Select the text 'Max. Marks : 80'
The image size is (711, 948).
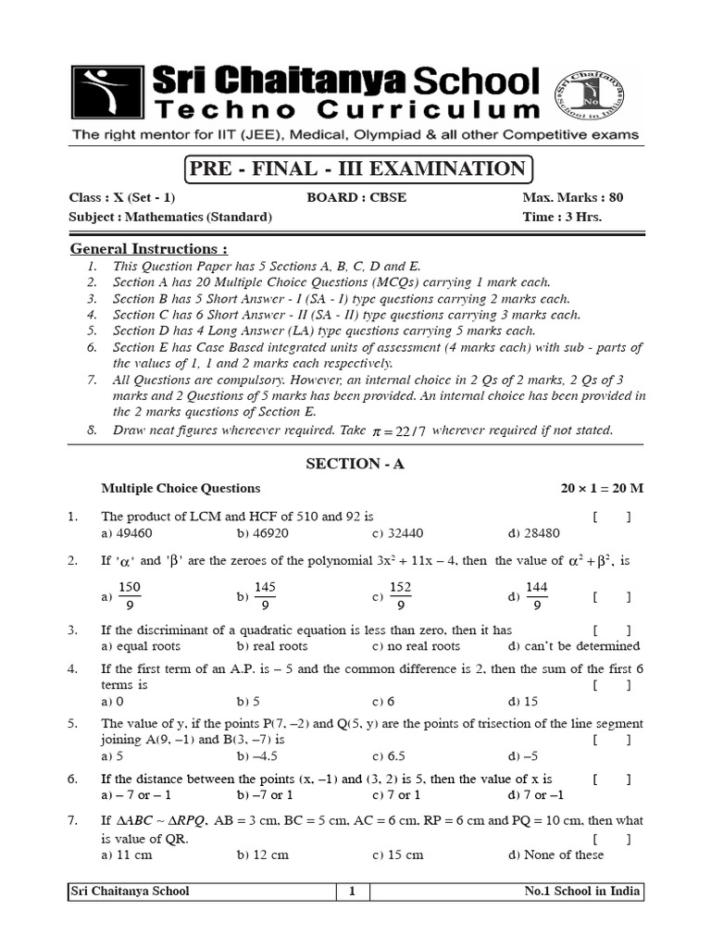[x=572, y=198]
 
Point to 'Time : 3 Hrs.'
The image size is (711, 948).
[x=562, y=217]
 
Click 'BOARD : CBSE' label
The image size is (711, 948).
[x=355, y=198]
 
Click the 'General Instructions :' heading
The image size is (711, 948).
[x=149, y=249]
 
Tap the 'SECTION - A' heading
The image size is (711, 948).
[x=355, y=464]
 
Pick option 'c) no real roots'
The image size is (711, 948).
[x=416, y=646]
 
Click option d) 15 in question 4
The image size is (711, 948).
[x=523, y=702]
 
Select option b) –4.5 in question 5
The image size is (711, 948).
[x=257, y=755]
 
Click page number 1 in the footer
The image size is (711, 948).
[x=352, y=892]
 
